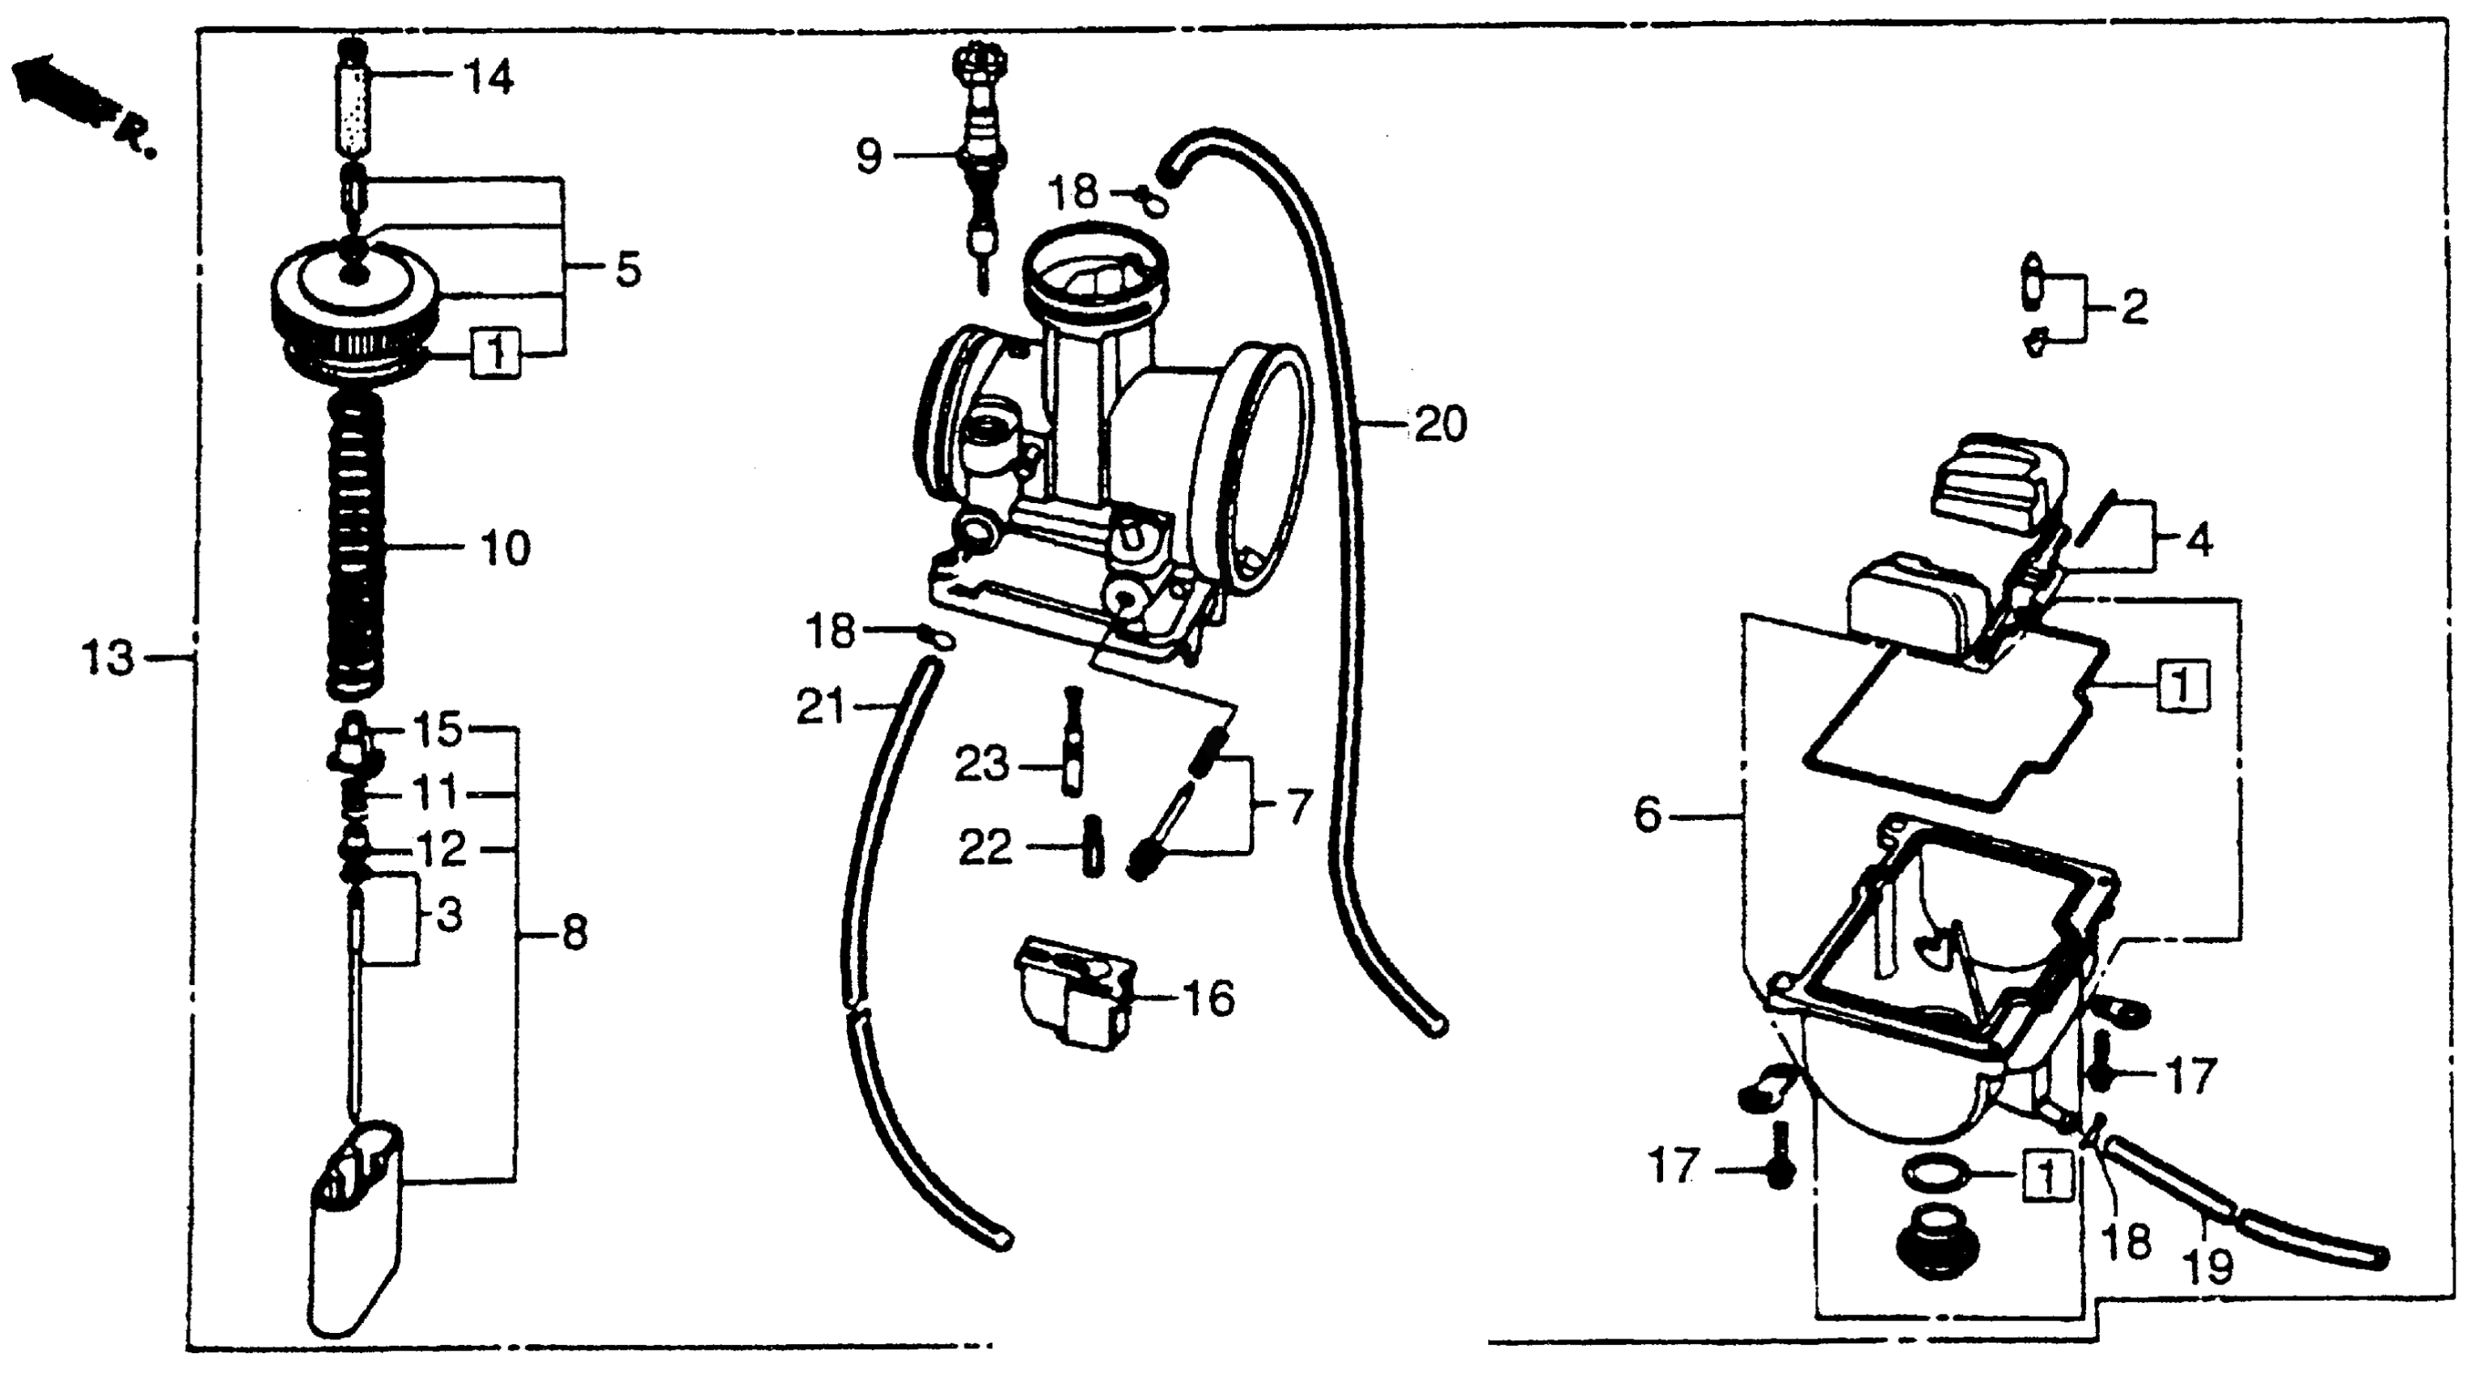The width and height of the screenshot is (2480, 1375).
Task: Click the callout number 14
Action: (489, 78)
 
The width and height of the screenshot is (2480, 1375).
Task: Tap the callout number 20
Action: (1441, 425)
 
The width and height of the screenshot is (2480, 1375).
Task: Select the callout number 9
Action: (869, 156)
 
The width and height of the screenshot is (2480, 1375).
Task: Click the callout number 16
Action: (1210, 999)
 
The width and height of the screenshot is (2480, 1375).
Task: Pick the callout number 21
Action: (820, 708)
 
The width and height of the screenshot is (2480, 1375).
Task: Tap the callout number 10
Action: (505, 549)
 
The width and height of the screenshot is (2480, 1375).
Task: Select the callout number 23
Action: (981, 765)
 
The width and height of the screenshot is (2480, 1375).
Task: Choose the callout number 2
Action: (2134, 308)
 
